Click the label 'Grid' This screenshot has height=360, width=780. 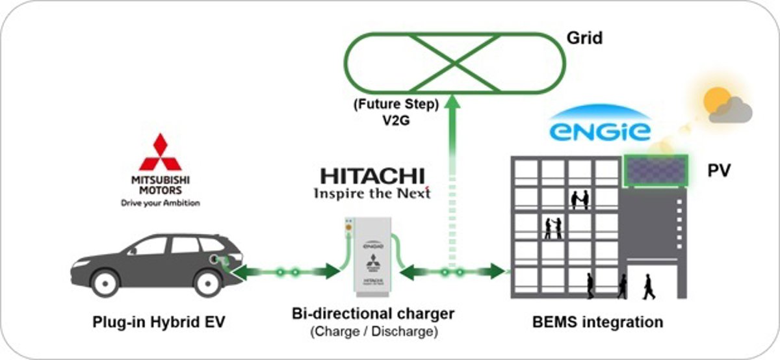583,38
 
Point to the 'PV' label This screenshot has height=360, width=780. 719,172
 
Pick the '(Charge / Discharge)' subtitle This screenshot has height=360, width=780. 372,332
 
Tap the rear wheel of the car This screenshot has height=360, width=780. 206,283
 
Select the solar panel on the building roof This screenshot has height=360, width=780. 655,171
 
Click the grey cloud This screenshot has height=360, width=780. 731,112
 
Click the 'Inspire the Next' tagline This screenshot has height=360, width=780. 372,194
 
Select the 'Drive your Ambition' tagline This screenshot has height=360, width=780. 161,203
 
